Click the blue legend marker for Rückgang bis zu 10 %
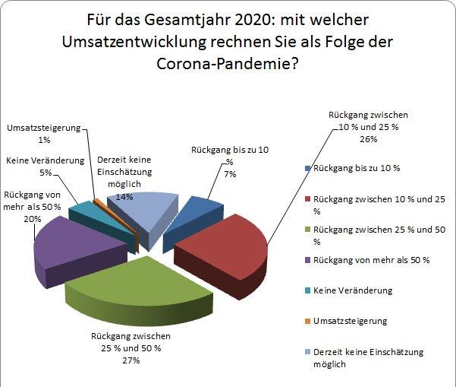point(307,167)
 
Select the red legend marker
point(307,198)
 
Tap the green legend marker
point(307,230)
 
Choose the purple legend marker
point(307,260)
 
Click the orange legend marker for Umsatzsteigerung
point(307,321)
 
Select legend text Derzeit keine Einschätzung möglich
point(368,357)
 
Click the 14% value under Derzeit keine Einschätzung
point(124,195)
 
